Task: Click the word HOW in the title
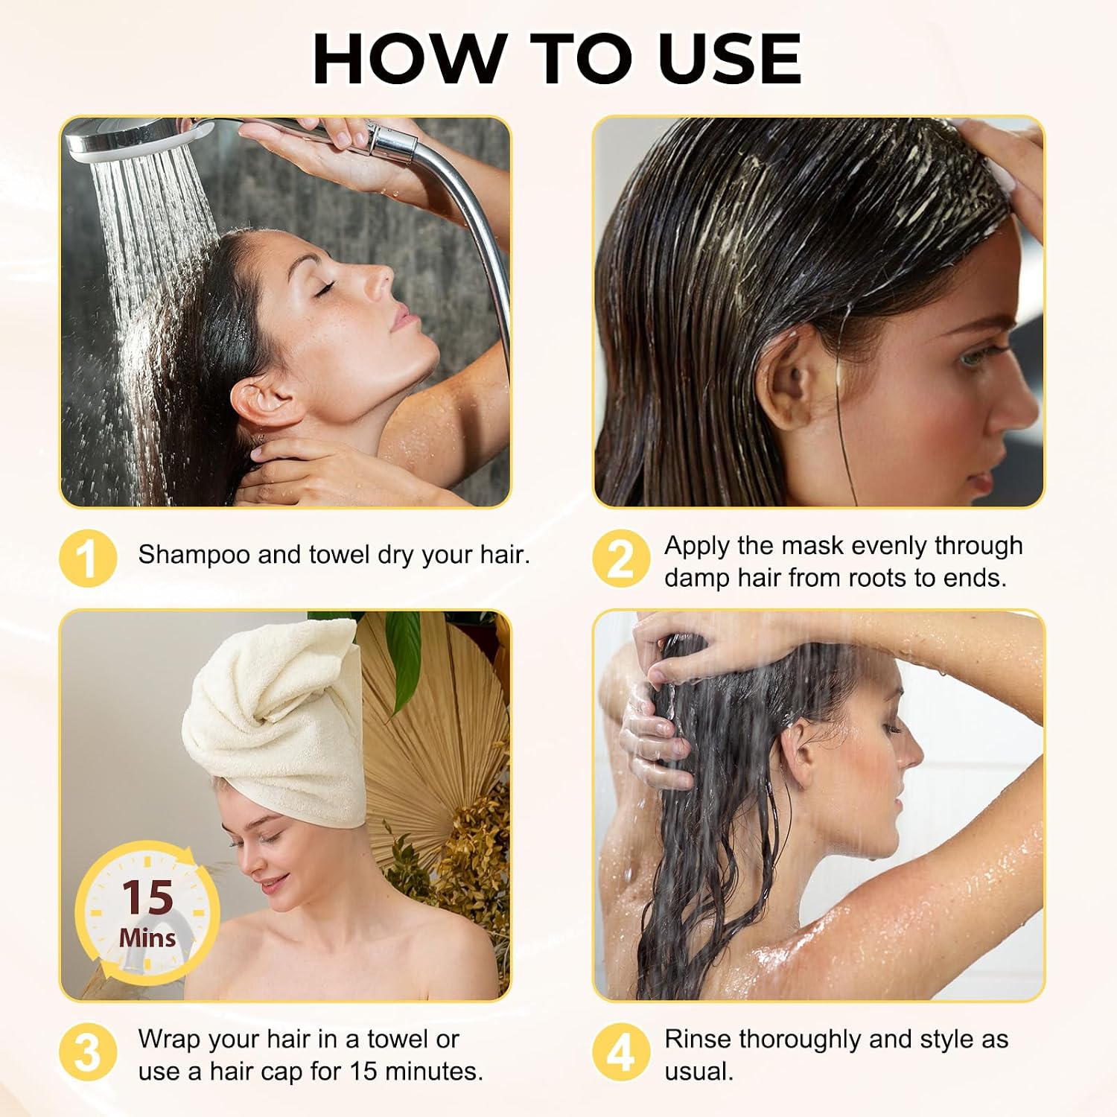(x=409, y=59)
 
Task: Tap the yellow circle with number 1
(x=88, y=558)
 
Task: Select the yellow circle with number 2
(x=621, y=558)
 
